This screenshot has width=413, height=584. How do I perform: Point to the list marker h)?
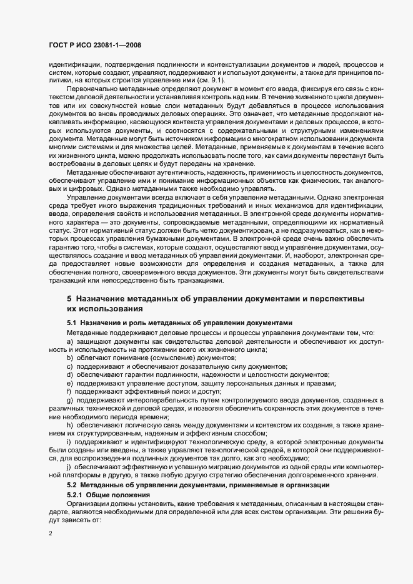click(x=69, y=424)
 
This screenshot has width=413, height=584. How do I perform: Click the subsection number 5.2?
click(x=72, y=485)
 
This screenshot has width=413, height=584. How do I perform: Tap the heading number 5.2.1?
click(x=75, y=494)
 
